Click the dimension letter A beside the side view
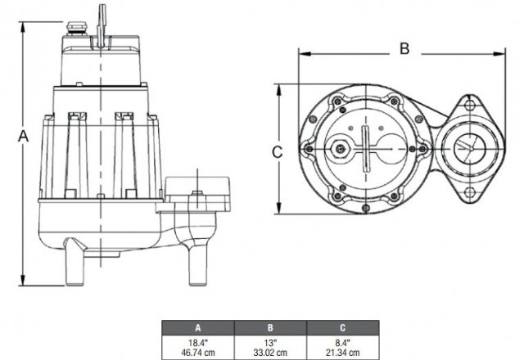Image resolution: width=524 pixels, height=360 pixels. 23,137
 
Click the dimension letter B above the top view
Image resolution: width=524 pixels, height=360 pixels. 404,48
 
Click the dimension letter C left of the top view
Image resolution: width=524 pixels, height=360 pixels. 277,152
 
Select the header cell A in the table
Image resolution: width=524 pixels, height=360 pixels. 198,328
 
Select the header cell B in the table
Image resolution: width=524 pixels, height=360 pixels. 270,328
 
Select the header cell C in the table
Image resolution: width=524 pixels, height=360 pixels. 343,328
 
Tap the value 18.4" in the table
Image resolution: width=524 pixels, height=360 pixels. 198,343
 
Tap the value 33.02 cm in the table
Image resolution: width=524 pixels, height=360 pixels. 270,353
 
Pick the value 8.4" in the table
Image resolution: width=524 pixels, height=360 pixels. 342,343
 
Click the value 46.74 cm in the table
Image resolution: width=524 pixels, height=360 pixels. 198,353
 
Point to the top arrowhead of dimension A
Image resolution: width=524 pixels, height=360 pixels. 23,27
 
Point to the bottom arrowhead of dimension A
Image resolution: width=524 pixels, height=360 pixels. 23,281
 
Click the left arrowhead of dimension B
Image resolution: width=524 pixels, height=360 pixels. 305,53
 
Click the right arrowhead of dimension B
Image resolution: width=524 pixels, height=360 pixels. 499,53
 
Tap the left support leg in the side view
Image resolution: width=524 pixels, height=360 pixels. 75,262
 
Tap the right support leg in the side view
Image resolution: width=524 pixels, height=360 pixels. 197,263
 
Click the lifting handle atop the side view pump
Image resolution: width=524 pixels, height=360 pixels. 101,27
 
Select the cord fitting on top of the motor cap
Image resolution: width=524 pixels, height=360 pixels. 75,29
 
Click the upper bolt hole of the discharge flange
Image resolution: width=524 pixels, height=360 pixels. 470,106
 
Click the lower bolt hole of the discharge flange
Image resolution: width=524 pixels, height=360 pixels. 470,192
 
